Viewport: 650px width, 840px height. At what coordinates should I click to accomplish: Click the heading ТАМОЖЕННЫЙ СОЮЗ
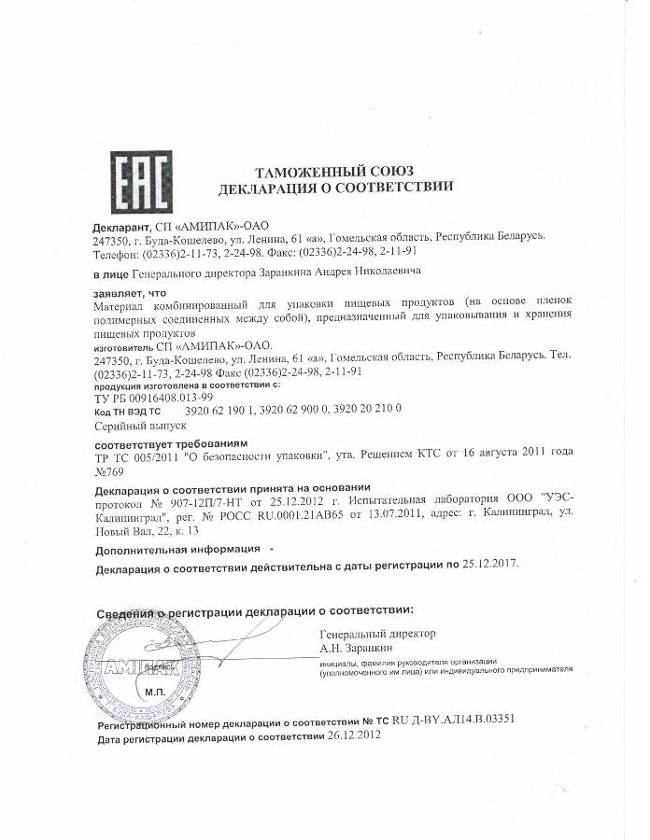point(334,170)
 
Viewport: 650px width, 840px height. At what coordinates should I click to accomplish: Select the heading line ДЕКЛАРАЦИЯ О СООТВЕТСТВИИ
point(335,187)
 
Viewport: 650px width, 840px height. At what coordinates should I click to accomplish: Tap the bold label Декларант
point(120,226)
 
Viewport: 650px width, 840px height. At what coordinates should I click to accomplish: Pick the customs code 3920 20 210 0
point(370,410)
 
